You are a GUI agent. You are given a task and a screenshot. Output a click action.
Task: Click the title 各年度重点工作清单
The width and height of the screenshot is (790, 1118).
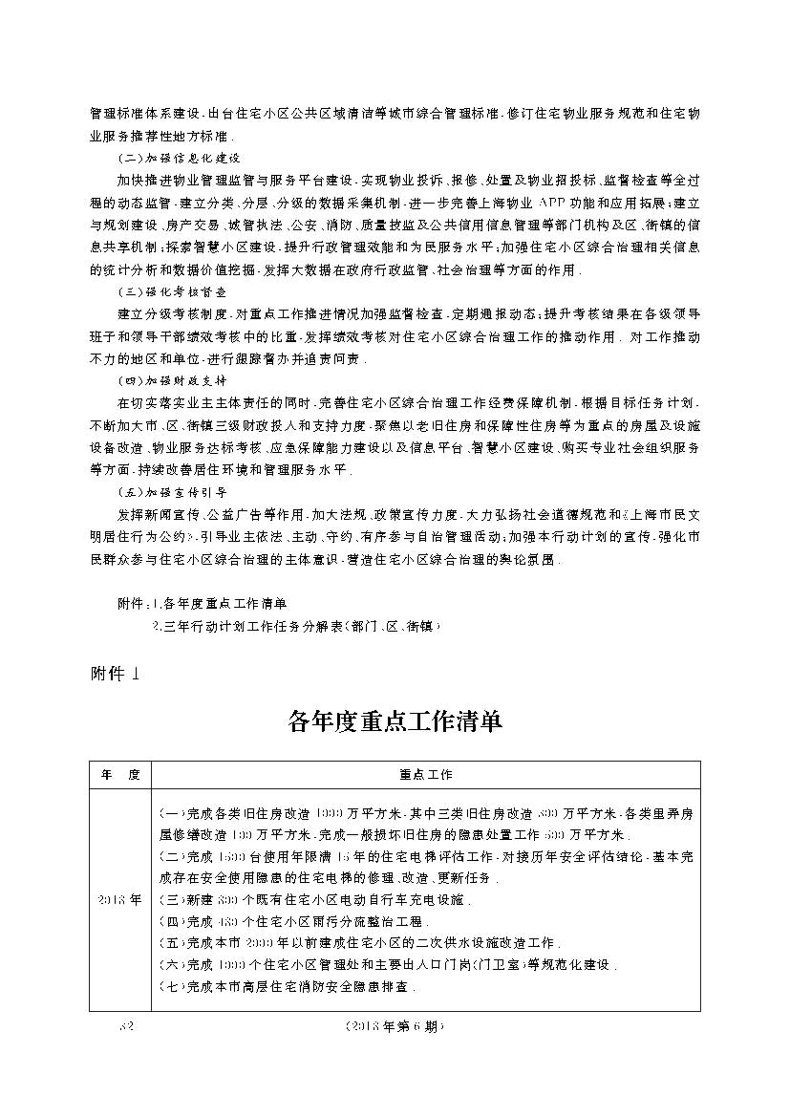(x=395, y=721)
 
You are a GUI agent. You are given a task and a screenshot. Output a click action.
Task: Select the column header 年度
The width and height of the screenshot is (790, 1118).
(x=120, y=774)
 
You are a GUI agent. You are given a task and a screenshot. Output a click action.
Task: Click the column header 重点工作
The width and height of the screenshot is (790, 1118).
(x=426, y=774)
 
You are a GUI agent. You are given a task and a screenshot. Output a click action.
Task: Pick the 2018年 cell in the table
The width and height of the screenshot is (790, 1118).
(x=120, y=899)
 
